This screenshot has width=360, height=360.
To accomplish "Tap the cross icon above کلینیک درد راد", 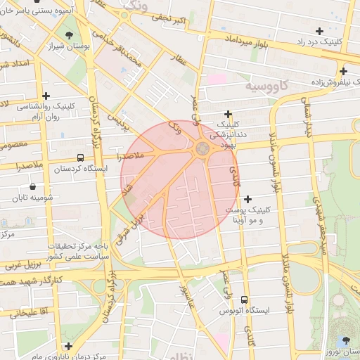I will coord(320,31).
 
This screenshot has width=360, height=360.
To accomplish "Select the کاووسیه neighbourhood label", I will coord(266,85).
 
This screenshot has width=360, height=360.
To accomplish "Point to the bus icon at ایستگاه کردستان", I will coord(80,157).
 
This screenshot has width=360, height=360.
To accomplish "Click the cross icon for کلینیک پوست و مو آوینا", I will coord(247,199).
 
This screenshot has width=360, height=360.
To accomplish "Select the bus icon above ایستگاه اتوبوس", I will coord(244,299).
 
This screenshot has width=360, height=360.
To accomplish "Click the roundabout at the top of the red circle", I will coord(202,148).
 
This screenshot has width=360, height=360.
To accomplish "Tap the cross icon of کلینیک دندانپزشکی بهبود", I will coord(228,114).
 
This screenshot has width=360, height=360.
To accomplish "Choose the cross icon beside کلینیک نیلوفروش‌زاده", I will coord(343,71).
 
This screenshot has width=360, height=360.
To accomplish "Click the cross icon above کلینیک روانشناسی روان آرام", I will coord(46,96).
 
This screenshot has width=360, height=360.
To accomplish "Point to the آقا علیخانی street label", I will coord(27,311).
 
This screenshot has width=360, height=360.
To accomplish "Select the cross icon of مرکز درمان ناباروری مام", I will coord(68,346).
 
